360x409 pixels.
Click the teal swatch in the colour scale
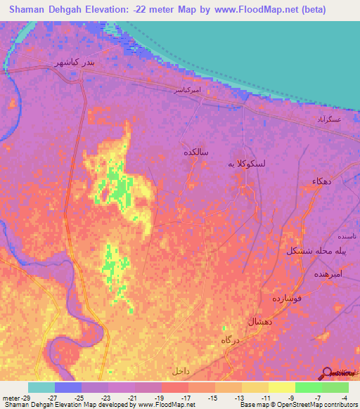pos(41,387)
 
